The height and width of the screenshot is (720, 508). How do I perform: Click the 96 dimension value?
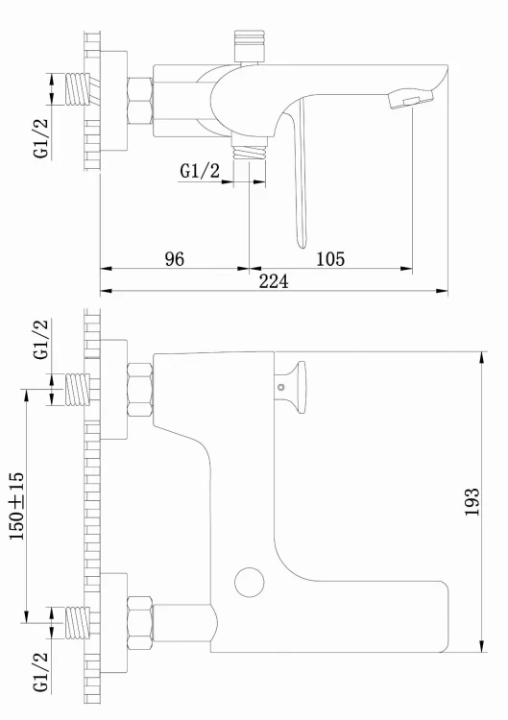(174, 258)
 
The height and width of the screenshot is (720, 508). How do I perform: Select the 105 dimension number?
(329, 258)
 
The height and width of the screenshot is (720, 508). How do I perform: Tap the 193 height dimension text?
(472, 502)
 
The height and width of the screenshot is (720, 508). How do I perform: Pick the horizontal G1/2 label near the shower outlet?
(200, 170)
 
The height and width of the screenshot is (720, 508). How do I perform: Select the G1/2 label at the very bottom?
(40, 671)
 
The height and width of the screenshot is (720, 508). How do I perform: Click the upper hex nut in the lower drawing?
(139, 388)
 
